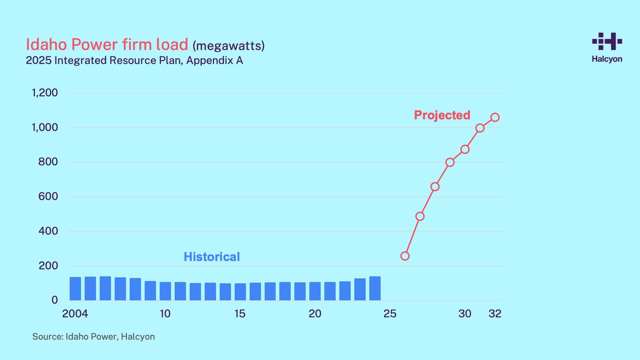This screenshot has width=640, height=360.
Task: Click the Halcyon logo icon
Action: click(x=607, y=41)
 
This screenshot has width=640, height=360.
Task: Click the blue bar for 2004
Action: click(x=75, y=289)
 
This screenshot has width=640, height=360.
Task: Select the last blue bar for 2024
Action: click(x=375, y=288)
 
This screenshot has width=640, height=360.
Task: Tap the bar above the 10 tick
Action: click(x=165, y=291)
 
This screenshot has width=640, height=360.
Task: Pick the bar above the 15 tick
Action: click(x=240, y=292)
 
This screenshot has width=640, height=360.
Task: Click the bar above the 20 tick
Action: click(x=315, y=291)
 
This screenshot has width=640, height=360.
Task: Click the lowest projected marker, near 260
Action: click(x=405, y=256)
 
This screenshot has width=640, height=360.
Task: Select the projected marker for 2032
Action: click(x=495, y=117)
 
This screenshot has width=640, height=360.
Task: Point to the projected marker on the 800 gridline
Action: click(x=450, y=162)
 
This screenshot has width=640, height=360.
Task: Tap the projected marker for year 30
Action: click(x=465, y=149)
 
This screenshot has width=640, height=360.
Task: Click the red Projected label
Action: click(x=442, y=115)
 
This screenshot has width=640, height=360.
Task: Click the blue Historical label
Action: click(x=212, y=257)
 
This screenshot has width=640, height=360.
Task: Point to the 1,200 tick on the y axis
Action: click(x=45, y=93)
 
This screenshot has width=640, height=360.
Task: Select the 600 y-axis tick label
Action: click(x=48, y=196)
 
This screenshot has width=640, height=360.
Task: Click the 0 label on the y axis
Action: click(x=54, y=300)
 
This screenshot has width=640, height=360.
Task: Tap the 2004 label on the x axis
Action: click(x=75, y=314)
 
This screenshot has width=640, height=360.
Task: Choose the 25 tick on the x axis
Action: click(x=390, y=314)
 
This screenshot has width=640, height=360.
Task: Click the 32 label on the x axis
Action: click(x=495, y=314)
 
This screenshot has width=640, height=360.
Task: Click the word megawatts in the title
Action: click(x=229, y=46)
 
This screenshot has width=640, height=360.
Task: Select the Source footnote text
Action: click(x=93, y=337)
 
